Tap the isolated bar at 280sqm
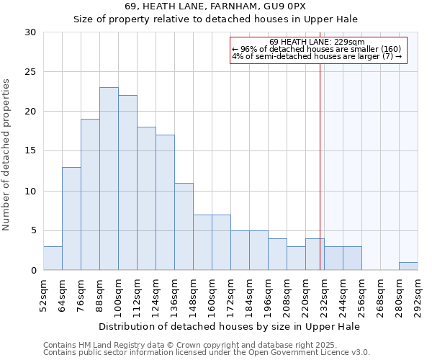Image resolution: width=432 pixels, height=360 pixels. (x=408, y=266)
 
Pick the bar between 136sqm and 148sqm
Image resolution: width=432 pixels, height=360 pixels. (x=184, y=226)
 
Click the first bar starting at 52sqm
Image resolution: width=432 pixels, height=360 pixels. (x=53, y=258)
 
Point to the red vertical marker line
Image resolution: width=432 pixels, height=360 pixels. (x=320, y=158)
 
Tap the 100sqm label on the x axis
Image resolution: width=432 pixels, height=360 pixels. (x=119, y=295)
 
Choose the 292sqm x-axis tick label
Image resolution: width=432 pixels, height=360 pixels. (x=418, y=295)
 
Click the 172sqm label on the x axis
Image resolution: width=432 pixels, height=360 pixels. (x=231, y=295)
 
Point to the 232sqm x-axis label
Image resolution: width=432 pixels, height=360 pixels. (x=325, y=295)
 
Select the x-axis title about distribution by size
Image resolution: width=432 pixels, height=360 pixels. (x=230, y=326)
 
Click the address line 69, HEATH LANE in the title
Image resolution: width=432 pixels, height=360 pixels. (x=215, y=6)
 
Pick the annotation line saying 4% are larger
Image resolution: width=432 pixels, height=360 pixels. (x=316, y=56)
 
